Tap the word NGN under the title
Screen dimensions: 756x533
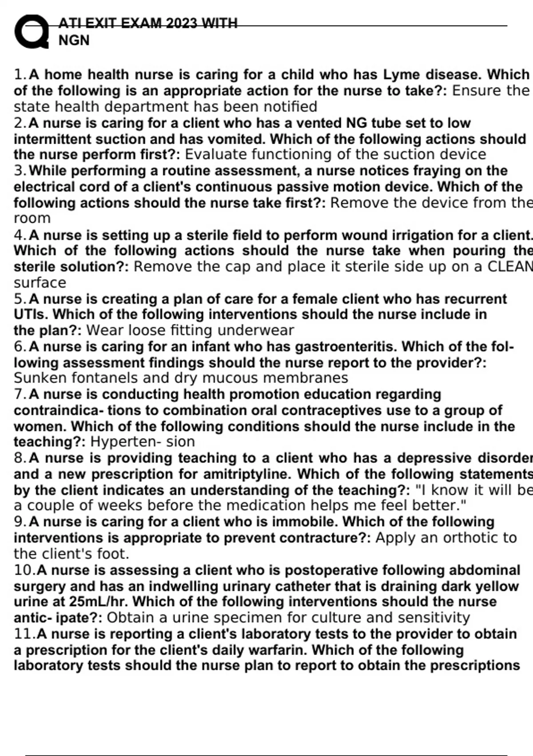click(x=74, y=40)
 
